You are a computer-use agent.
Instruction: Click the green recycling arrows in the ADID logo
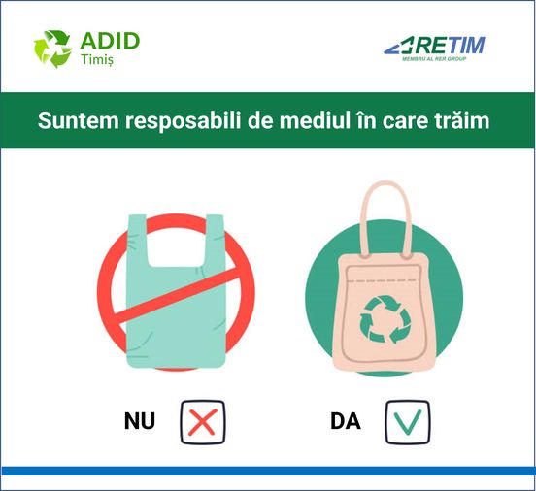click(52, 49)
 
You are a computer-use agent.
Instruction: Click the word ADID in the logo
click(110, 41)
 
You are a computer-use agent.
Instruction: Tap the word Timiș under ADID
click(97, 59)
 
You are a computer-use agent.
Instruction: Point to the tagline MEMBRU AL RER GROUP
click(434, 59)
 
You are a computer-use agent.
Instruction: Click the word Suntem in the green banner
click(79, 120)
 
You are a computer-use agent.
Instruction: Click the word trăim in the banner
click(462, 120)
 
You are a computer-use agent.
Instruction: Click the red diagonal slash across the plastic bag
click(177, 295)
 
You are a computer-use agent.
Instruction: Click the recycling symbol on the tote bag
click(385, 319)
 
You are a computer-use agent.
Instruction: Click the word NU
click(140, 421)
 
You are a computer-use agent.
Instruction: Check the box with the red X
click(203, 422)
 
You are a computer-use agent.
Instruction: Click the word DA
click(346, 421)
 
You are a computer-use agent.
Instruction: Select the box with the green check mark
click(408, 422)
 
